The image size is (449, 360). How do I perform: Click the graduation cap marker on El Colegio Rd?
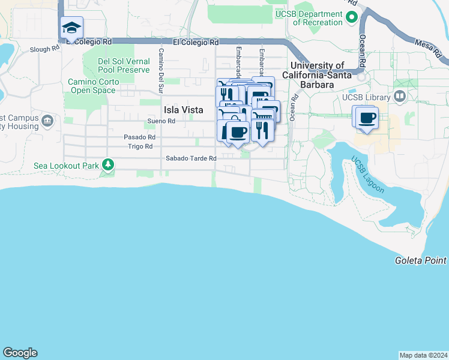pos(71,28)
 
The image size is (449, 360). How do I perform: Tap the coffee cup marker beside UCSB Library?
pos(366,118)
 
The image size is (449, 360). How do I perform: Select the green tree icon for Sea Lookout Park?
pos(108,164)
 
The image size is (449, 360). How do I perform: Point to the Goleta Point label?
pos(421,260)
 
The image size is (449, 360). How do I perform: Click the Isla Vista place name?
pos(183,110)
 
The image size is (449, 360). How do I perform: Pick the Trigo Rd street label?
pos(140,146)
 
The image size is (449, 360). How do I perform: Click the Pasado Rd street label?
pos(139,137)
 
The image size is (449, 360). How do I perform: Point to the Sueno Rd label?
pos(161,121)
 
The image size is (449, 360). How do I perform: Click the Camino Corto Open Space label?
pos(92,86)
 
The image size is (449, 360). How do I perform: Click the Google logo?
pos(20,353)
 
